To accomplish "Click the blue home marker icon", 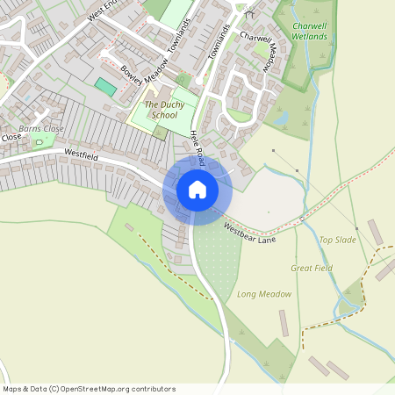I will pos(197,190).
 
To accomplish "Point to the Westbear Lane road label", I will pos(248,232).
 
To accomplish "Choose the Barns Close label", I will pos(41,128).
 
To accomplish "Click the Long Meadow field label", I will pos(264,294).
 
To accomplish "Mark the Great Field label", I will pos(312,268).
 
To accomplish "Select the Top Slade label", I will pos(338,240).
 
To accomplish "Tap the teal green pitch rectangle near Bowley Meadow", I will pos(105,87).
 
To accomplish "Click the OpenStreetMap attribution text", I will pos(89,389).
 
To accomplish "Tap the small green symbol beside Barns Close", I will pos(38,141).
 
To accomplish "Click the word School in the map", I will pos(164,115).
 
